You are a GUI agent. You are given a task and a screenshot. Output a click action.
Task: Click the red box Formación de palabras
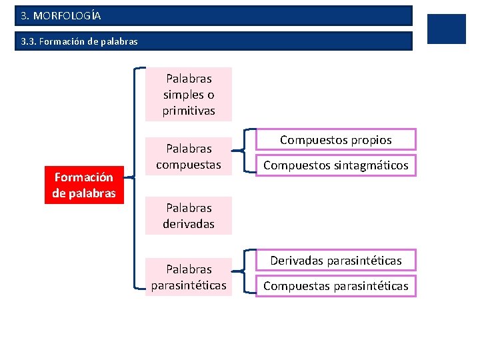tap(84, 185)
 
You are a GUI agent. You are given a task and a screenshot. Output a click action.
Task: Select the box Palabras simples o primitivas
tap(189, 95)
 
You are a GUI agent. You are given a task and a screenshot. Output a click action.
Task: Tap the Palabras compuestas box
tap(189, 156)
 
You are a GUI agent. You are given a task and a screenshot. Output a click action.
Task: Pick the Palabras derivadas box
tap(189, 216)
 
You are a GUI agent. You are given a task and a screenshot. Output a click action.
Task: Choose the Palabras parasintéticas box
tap(189, 277)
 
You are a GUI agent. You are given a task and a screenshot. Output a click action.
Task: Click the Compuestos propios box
tap(336, 140)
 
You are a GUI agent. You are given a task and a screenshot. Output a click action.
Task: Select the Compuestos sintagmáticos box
tap(336, 165)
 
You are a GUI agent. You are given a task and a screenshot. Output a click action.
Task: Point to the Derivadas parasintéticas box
tap(336, 261)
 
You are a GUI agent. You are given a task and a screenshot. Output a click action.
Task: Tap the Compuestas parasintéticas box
tap(336, 286)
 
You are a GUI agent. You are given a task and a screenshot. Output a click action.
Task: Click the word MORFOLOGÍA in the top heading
tap(67, 15)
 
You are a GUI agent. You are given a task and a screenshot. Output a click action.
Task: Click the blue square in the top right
tap(446, 29)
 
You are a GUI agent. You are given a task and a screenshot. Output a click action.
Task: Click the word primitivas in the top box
tap(189, 111)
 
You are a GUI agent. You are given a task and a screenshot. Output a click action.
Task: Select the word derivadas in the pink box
tap(189, 224)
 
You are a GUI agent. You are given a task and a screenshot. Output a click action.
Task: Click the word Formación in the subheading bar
tap(61, 41)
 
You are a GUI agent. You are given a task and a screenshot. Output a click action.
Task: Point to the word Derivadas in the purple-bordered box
tap(297, 261)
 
